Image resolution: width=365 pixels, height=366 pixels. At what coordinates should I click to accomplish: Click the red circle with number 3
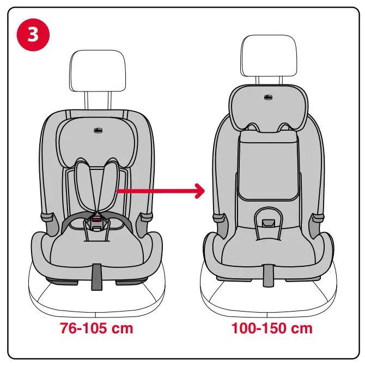[34, 33]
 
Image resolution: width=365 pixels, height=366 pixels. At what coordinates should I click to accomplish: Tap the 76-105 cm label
[96, 329]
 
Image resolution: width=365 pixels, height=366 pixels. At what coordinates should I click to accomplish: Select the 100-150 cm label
[272, 329]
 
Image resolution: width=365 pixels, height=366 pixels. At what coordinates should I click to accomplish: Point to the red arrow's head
[199, 191]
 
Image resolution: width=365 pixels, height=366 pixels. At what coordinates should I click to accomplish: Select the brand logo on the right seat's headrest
[268, 97]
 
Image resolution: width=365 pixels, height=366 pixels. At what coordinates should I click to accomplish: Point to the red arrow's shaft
[153, 191]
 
